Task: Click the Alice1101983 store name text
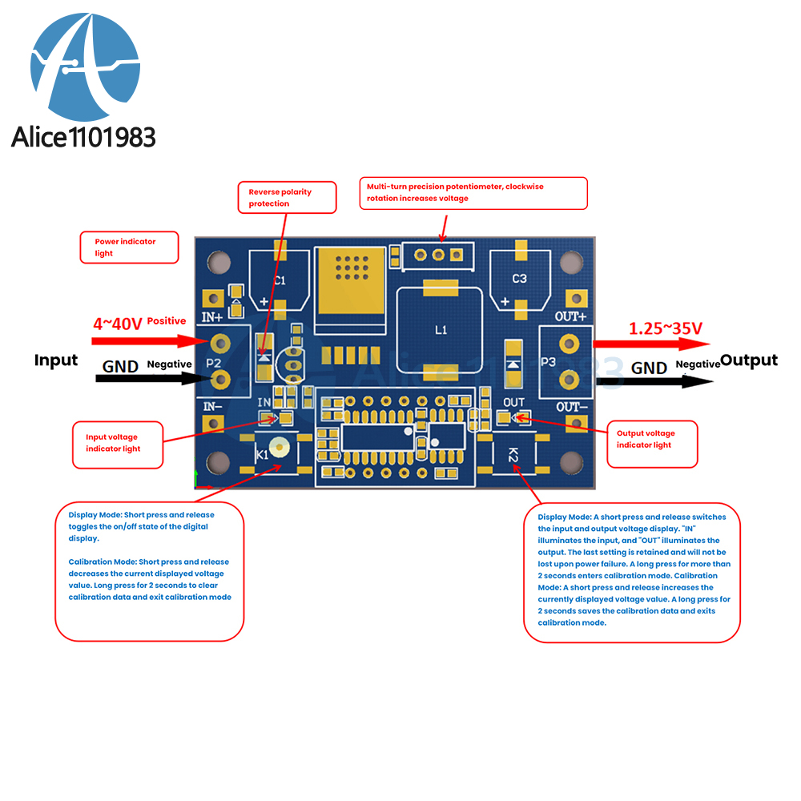83,136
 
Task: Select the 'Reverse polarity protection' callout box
287,198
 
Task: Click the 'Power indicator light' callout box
129,248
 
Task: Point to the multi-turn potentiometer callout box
473,193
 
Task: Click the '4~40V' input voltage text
118,324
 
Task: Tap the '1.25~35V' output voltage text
665,328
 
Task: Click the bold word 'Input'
56,360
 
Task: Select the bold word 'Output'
749,360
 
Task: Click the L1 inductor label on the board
441,329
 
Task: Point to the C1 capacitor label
280,280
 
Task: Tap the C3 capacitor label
520,279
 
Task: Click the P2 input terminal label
213,363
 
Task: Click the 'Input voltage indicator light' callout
118,443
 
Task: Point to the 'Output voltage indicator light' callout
651,439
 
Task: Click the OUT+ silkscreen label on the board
571,316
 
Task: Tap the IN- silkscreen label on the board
211,406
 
